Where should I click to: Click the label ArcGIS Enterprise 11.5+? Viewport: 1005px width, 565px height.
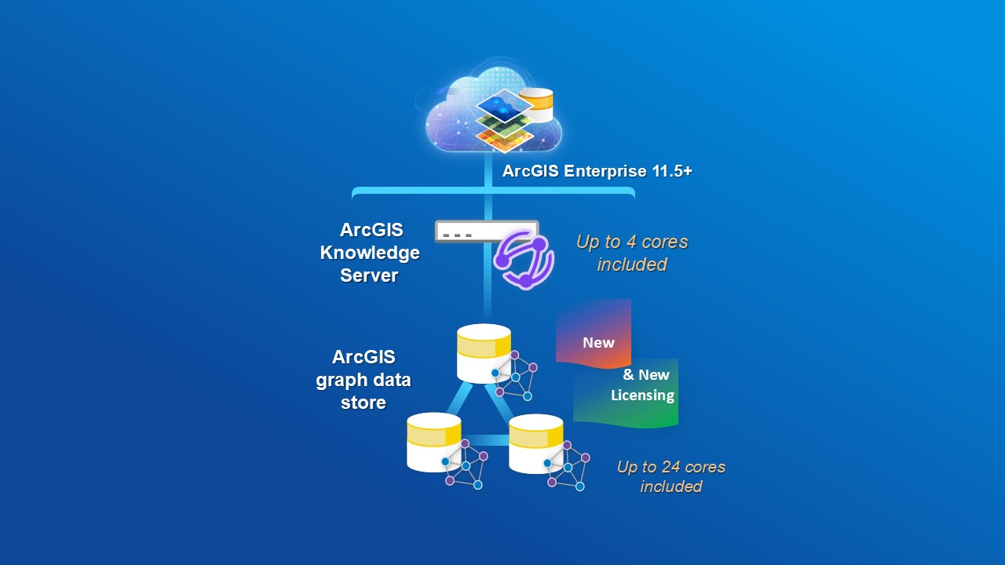597,171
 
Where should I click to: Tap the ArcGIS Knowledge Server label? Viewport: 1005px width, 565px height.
369,253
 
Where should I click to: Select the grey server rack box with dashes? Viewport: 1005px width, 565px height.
487,231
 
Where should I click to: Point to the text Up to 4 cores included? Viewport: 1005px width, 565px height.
632,253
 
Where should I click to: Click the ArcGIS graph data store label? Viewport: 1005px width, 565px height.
364,380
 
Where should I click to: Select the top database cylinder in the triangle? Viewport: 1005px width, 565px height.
484,353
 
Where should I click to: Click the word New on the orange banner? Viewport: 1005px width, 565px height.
598,342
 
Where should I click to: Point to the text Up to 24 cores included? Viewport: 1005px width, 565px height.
671,476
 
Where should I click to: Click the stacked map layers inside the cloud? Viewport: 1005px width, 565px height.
504,119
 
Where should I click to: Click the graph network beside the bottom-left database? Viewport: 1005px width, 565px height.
465,465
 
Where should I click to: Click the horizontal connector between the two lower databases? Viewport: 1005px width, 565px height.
484,439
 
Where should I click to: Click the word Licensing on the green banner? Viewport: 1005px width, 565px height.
642,395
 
